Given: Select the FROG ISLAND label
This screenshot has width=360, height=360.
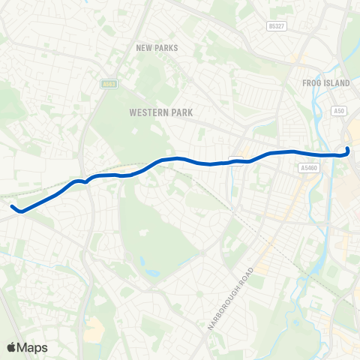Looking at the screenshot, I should click(x=322, y=82).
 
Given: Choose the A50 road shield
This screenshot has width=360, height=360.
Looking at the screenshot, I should click(x=339, y=110).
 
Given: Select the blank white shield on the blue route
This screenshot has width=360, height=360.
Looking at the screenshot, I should click(x=236, y=159).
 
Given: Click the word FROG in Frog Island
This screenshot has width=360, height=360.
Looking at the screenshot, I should click(x=310, y=82).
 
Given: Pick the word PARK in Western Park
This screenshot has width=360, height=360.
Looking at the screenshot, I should click(x=181, y=112).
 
